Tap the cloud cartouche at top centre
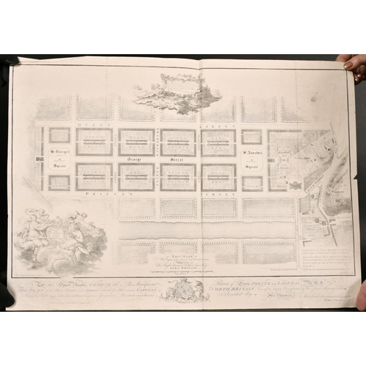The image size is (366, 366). coord(178,91)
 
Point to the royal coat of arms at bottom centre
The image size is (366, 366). coord(179,291)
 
